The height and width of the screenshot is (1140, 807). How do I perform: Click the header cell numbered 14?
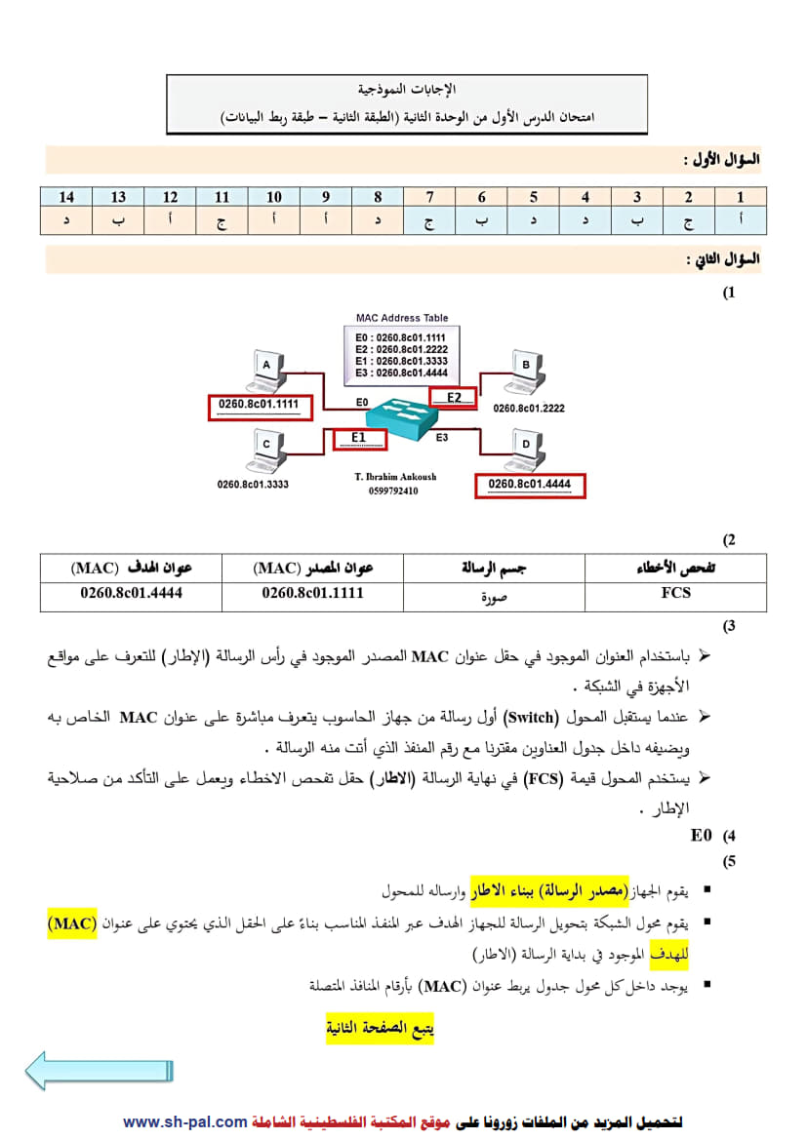[x=66, y=197]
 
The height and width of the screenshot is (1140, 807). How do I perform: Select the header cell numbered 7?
[x=429, y=197]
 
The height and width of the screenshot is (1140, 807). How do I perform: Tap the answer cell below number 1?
[x=741, y=221]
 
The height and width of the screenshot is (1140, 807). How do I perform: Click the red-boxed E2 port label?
[x=454, y=397]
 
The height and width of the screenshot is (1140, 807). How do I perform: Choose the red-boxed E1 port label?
[x=358, y=438]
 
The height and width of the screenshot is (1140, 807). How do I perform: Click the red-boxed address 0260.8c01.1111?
[x=258, y=406]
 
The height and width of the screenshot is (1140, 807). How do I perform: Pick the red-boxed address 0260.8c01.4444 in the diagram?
[x=530, y=485]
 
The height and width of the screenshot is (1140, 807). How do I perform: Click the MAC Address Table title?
[x=401, y=318]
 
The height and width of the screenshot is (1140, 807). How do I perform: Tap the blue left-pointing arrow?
[x=98, y=1070]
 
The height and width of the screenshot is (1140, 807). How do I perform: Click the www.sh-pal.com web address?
[x=184, y=1122]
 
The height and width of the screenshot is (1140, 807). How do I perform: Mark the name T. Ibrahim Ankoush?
[x=396, y=477]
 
